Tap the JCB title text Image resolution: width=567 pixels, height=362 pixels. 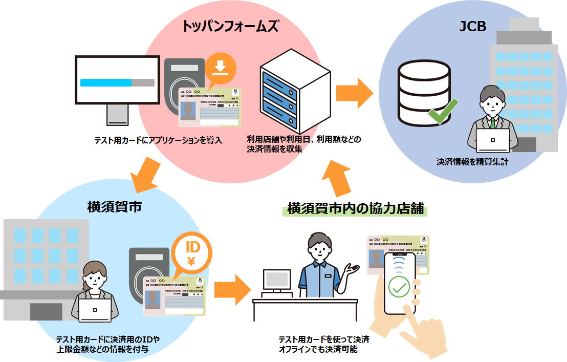[x=472, y=26]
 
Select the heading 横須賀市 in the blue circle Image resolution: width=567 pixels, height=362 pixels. [x=114, y=207]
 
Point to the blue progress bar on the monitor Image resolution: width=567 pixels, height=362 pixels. [x=106, y=82]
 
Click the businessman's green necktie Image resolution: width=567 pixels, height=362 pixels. [x=493, y=123]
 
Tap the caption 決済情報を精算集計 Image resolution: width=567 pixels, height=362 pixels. [x=472, y=162]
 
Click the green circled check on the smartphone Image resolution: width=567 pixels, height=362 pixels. [x=399, y=287]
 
